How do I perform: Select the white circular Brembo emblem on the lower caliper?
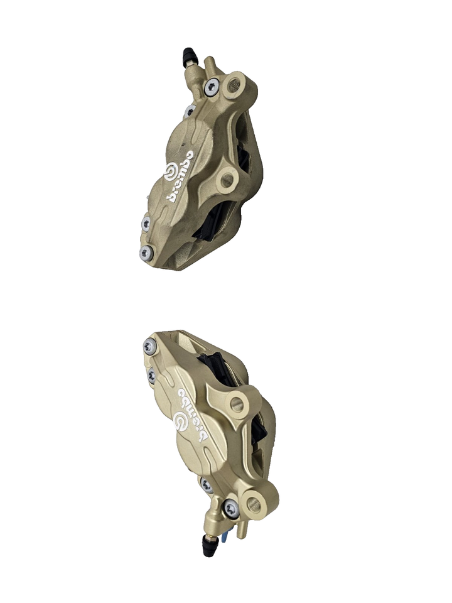point(183,421)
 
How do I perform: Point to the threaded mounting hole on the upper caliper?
point(235,84)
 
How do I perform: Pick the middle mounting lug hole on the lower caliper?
point(237,403)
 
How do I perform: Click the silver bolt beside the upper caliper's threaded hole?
point(211,87)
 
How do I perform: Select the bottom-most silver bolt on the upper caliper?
point(145,253)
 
